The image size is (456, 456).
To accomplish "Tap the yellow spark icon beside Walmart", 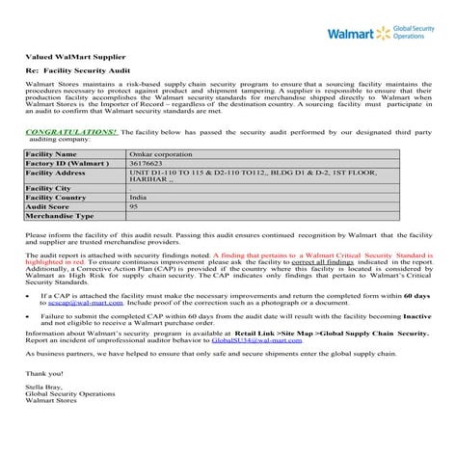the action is tap(383, 35).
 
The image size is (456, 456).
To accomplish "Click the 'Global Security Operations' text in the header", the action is tap(414, 35).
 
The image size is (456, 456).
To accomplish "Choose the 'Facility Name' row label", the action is tap(51, 153).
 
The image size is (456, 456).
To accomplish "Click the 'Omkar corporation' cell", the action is tap(154, 153).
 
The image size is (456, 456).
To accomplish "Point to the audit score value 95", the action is tap(134, 206).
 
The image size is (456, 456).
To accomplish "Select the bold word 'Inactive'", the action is tap(416, 313).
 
